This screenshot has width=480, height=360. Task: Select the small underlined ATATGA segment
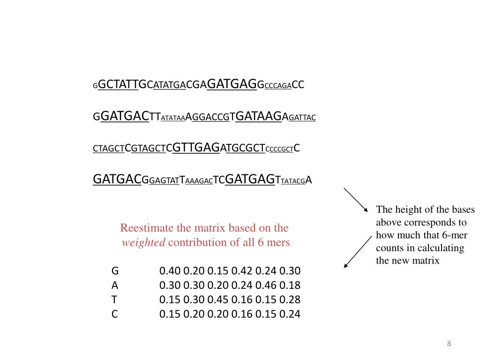(x=170, y=86)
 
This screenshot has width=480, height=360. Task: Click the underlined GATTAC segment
(x=302, y=117)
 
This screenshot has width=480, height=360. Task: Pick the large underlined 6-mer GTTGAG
(x=196, y=148)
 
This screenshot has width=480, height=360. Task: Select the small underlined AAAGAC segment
(x=199, y=181)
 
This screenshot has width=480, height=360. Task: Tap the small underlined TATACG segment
(x=293, y=181)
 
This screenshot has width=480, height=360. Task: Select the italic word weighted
(x=143, y=242)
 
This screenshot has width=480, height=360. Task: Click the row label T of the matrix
(x=114, y=300)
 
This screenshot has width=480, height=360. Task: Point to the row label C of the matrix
(x=114, y=314)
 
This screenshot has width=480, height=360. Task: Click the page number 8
(x=449, y=344)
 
